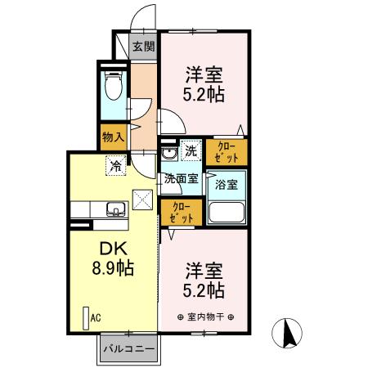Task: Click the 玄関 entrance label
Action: [x=144, y=47]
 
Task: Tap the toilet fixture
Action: [x=113, y=84]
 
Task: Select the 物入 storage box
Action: [x=112, y=137]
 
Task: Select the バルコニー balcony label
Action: [x=128, y=349]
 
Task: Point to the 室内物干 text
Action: [x=204, y=317]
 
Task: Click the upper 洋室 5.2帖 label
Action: [x=203, y=81]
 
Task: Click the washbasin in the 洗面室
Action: [x=168, y=154]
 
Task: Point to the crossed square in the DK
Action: [x=143, y=200]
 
